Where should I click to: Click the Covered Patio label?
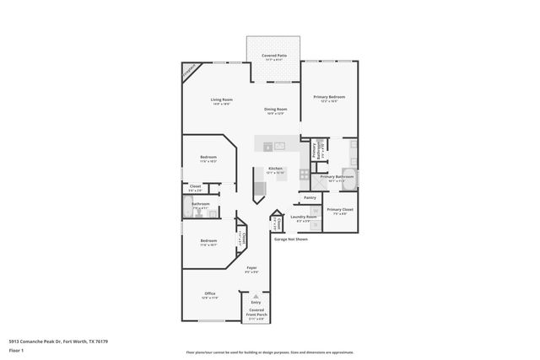click(x=274, y=56)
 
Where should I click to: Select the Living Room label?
click(x=222, y=101)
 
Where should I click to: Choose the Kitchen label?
click(x=275, y=169)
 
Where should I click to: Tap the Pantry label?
click(x=310, y=197)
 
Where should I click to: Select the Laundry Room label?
click(x=304, y=218)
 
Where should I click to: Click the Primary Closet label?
click(x=340, y=211)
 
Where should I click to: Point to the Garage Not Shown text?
click(x=291, y=239)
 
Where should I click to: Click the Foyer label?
click(x=251, y=268)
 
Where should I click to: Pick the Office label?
click(x=209, y=295)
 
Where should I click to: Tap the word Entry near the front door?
click(x=256, y=302)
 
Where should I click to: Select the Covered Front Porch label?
click(x=256, y=314)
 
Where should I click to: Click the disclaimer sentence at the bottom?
click(x=269, y=353)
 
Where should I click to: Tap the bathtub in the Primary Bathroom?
click(x=348, y=180)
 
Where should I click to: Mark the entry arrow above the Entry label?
click(x=256, y=295)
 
